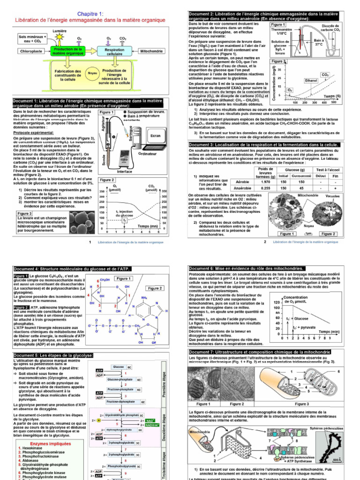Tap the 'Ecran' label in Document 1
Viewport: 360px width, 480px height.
click(x=154, y=135)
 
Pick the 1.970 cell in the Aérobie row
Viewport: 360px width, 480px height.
click(x=265, y=182)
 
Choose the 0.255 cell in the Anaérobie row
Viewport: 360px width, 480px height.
click(x=265, y=188)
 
